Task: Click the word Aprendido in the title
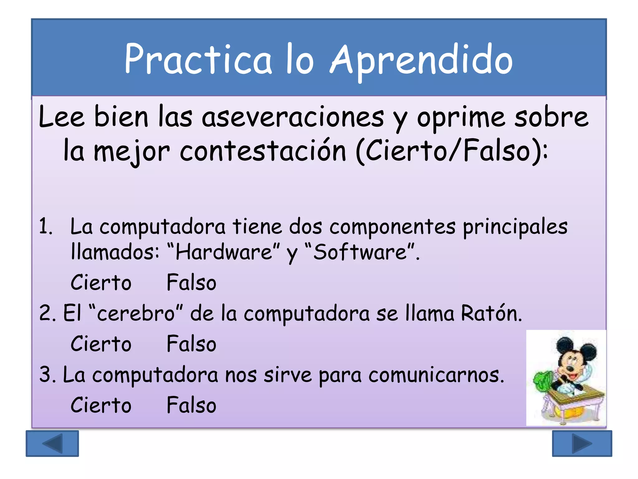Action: pyautogui.click(x=421, y=60)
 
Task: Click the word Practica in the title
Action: pyautogui.click(x=198, y=60)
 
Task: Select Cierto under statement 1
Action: pyautogui.click(x=101, y=283)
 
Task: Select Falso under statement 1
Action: pyautogui.click(x=191, y=283)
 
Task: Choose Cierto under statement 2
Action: pyautogui.click(x=101, y=344)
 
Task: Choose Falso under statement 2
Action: pyautogui.click(x=191, y=344)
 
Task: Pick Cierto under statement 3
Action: pyautogui.click(x=101, y=405)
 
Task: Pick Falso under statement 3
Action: pyautogui.click(x=191, y=405)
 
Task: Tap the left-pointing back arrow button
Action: pyautogui.click(x=52, y=443)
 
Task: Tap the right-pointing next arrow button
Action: pyautogui.click(x=582, y=443)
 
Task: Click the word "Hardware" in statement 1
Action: pyautogui.click(x=224, y=252)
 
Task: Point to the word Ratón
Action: pyautogui.click(x=491, y=313)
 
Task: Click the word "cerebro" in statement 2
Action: pyautogui.click(x=136, y=313)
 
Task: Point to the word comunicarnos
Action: pyautogui.click(x=436, y=375)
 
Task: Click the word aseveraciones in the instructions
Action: pyautogui.click(x=293, y=118)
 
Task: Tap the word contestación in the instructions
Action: pyautogui.click(x=263, y=152)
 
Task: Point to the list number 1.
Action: pyautogui.click(x=45, y=226)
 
